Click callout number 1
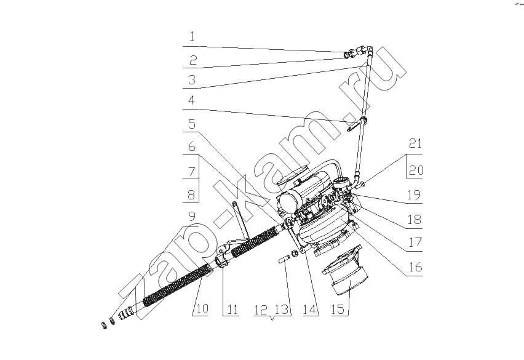(x=192, y=36)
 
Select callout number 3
(x=192, y=80)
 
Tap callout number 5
(x=191, y=124)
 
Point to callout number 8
(x=191, y=194)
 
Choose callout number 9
(x=191, y=217)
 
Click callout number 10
(x=202, y=308)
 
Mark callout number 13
(x=282, y=310)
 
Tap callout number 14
(x=309, y=310)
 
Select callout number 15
(x=338, y=309)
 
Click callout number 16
(x=415, y=267)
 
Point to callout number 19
(x=415, y=195)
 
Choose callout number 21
(x=415, y=144)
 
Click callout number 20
(x=416, y=170)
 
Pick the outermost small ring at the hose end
(x=105, y=326)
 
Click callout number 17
(x=415, y=242)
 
